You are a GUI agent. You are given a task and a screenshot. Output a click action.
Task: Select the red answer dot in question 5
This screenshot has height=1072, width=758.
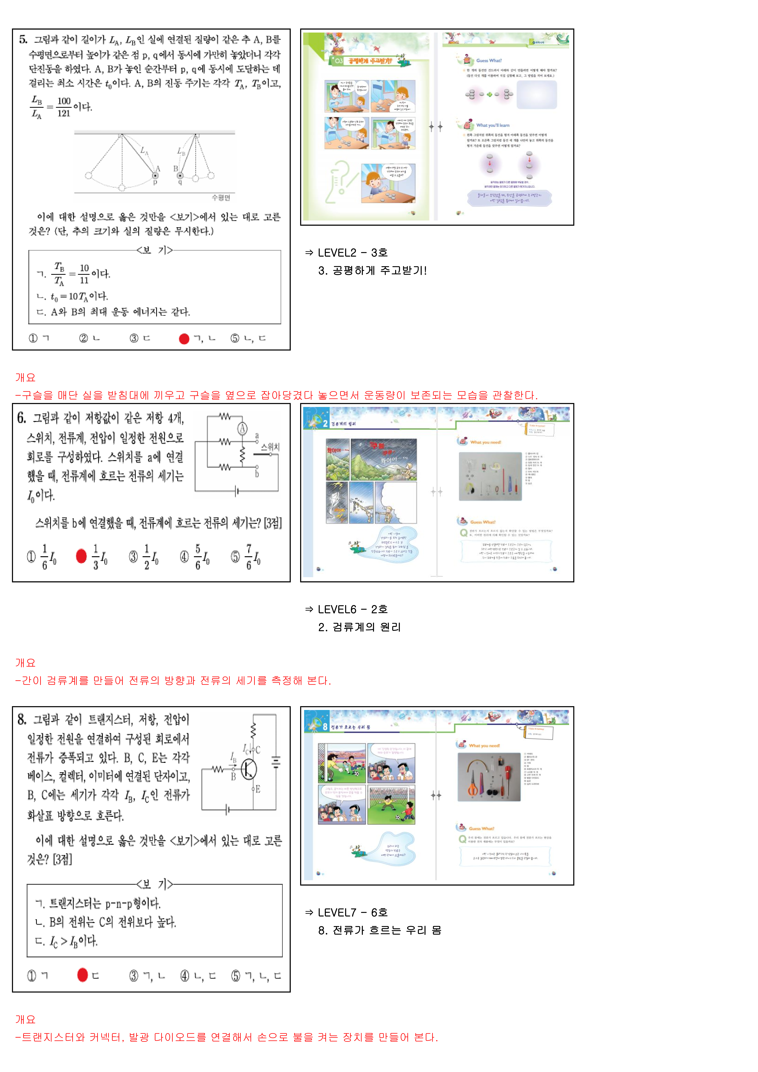click(x=184, y=339)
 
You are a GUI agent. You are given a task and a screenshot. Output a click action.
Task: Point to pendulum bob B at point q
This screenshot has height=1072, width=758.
click(x=180, y=176)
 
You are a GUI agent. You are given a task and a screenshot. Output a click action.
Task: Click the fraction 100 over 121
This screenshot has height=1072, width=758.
click(x=64, y=107)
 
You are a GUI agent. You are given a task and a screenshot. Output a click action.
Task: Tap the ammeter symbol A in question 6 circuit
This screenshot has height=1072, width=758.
click(x=242, y=429)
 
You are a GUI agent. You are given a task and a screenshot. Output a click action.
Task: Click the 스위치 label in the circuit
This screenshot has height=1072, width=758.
click(x=270, y=447)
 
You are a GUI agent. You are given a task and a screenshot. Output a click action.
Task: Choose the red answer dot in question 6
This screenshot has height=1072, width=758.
click(x=81, y=556)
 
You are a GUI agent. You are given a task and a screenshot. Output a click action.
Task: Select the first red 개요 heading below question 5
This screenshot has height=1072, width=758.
click(x=25, y=377)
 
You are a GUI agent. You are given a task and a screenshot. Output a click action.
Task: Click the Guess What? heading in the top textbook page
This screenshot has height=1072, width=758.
click(x=489, y=61)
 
